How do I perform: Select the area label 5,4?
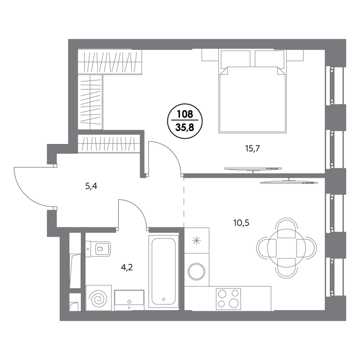click(91, 185)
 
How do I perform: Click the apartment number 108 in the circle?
click(185, 115)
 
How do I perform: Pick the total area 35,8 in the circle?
click(185, 127)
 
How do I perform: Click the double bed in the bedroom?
click(252, 101)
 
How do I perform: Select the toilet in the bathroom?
click(102, 248)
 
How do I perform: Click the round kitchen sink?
click(196, 272)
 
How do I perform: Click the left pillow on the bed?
click(234, 59)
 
